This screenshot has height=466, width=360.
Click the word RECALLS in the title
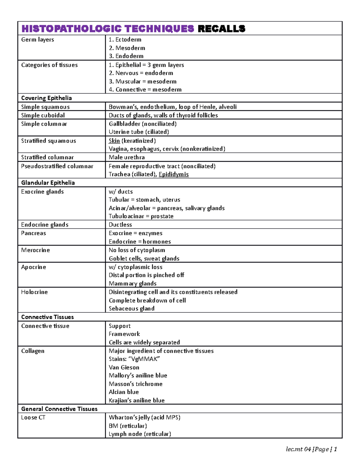click(x=221, y=29)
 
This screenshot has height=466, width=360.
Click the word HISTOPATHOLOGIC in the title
click(x=71, y=29)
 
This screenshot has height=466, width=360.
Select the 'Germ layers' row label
click(x=37, y=40)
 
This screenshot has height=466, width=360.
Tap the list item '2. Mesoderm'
click(x=127, y=48)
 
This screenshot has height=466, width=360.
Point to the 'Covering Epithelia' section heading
click(x=46, y=98)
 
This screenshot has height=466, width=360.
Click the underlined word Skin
click(x=114, y=141)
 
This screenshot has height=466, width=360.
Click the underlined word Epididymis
click(x=174, y=174)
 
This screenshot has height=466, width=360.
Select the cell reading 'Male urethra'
click(x=127, y=157)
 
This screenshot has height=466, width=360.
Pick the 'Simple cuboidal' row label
click(x=43, y=115)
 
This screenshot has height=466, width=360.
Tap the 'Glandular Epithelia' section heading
click(x=48, y=183)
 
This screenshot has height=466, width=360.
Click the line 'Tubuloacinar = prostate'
click(x=141, y=216)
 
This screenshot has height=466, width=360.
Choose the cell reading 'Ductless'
click(x=120, y=225)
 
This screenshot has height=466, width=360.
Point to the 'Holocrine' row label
click(x=34, y=292)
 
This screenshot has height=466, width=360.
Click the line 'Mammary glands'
click(x=133, y=284)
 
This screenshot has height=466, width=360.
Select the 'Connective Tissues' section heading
click(x=47, y=317)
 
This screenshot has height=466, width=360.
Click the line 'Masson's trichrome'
click(x=136, y=384)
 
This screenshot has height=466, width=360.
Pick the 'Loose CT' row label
click(x=33, y=417)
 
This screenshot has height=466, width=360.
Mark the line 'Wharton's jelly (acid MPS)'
click(x=145, y=417)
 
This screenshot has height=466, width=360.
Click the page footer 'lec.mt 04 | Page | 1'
click(x=311, y=449)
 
